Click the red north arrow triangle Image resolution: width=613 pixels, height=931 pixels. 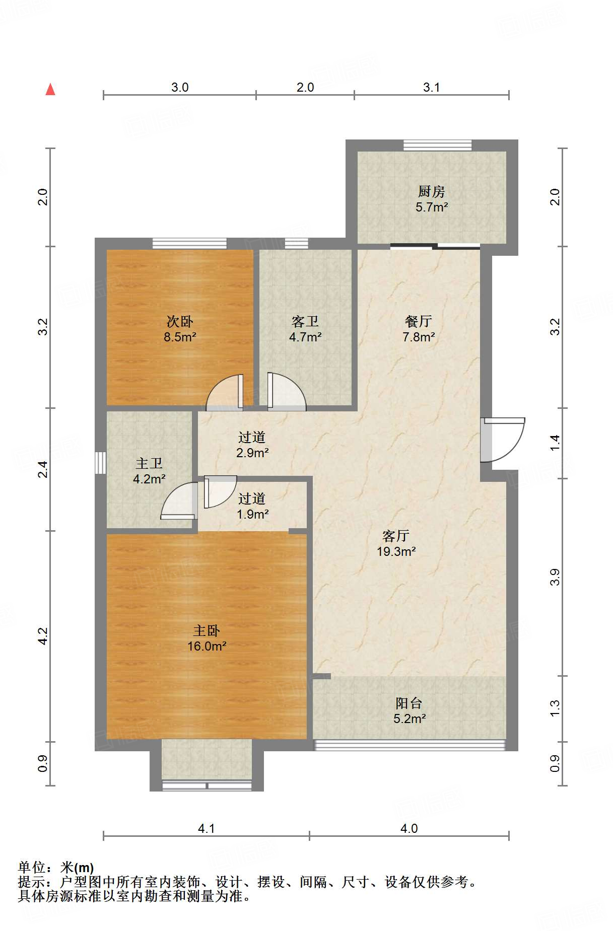coord(50,90)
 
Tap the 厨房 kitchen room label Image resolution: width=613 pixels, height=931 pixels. coord(431,192)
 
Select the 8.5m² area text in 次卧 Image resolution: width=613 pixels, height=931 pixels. coord(180,337)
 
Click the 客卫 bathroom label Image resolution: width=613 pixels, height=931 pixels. coord(305,322)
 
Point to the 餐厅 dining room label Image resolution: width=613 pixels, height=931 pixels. coord(419,322)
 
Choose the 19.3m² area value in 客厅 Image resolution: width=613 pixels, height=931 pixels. coord(396,551)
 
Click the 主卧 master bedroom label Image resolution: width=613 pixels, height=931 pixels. coord(207,631)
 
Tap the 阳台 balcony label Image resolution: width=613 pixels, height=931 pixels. coord(408,703)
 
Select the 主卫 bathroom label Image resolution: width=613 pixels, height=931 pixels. coord(149,464)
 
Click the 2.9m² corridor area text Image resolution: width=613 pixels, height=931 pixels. coord(252,453)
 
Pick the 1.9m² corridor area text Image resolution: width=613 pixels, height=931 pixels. coord(252,514)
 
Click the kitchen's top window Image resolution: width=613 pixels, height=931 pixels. coord(437,146)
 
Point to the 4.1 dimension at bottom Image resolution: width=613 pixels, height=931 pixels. coord(207,828)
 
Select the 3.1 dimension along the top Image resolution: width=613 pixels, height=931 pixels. coord(431,87)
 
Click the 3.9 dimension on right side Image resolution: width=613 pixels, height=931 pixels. coord(555,577)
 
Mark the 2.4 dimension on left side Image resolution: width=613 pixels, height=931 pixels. coord(44,469)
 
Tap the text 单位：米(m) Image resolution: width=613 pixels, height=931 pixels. coord(56,868)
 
